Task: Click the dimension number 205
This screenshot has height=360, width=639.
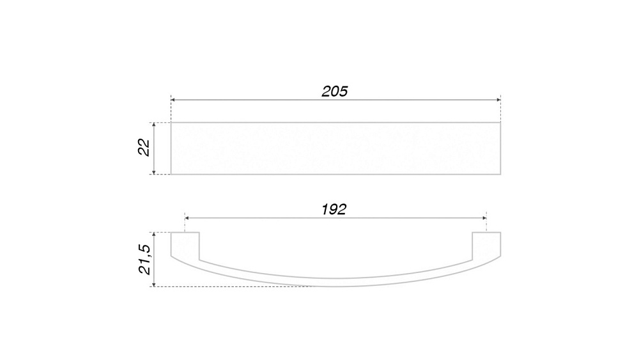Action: coord(335,91)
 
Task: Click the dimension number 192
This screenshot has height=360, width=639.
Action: coord(334,210)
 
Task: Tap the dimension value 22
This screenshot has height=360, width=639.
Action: coord(144,148)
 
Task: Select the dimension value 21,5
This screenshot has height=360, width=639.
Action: coord(144,260)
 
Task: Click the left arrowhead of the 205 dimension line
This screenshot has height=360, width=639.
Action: coord(173,100)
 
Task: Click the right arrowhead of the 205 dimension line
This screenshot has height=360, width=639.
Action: coord(498,100)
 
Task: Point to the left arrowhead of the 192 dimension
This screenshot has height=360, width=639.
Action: coord(187,218)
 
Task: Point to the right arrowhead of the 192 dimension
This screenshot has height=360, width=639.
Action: coord(484,218)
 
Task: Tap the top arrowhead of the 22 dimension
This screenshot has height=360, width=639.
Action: coord(153,125)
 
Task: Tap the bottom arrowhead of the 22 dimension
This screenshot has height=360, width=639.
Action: coord(153,172)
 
